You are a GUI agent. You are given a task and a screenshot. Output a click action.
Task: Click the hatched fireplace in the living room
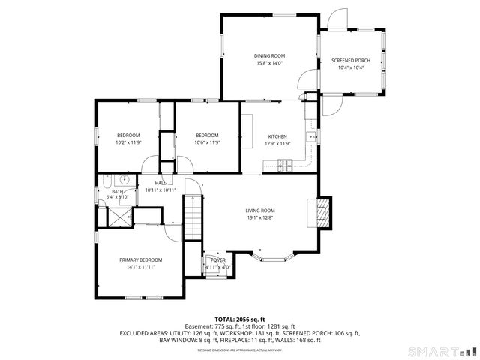[322, 212]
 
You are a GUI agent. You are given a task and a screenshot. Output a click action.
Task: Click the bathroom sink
[123, 181]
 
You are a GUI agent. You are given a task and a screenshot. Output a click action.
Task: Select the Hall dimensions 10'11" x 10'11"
[160, 190]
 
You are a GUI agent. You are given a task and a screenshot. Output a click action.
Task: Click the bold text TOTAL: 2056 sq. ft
[240, 319]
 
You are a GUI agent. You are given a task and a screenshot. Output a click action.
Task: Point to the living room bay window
[274, 259]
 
